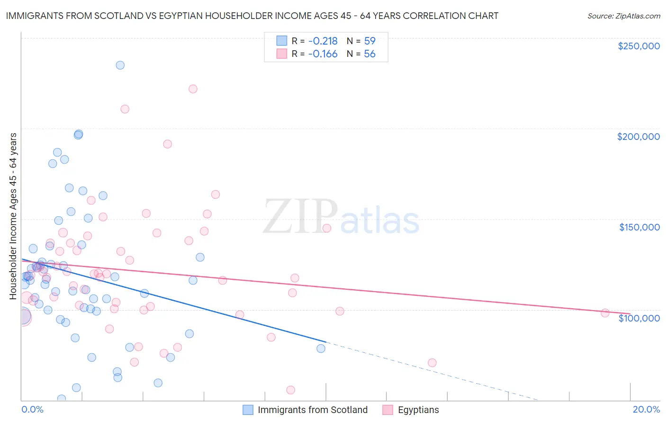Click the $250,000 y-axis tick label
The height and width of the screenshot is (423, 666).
tap(639, 46)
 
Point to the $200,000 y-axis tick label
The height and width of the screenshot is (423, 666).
tap(638, 137)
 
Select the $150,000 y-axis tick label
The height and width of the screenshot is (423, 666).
tap(639, 227)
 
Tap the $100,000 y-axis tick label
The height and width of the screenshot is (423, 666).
tap(639, 318)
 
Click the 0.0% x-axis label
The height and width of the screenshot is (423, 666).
tap(32, 409)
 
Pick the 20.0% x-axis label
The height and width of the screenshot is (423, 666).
tap(646, 409)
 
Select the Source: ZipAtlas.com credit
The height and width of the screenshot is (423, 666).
tap(623, 16)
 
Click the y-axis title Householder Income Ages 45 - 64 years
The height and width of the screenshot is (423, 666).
tap(13, 216)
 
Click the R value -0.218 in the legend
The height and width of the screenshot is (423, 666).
tap(323, 41)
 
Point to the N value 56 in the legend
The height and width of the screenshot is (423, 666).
tap(369, 54)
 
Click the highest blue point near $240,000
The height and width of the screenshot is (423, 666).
tap(120, 65)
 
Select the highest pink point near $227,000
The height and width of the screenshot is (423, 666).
tap(193, 89)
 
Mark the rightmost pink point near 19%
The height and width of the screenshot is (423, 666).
tap(605, 313)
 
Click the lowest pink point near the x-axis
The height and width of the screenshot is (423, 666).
tap(291, 390)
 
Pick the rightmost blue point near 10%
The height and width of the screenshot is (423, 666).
tap(321, 349)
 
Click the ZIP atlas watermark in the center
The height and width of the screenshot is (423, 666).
tap(341, 217)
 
